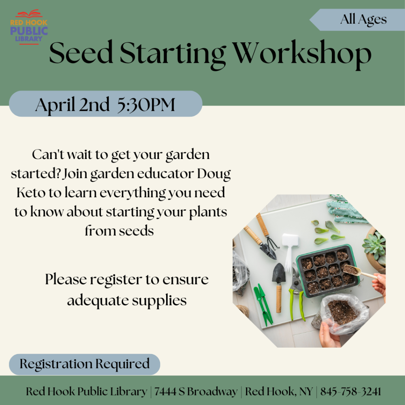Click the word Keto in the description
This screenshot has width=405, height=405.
click(x=31, y=193)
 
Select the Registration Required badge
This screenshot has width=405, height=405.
click(x=85, y=364)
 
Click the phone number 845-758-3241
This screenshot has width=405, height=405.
click(x=350, y=392)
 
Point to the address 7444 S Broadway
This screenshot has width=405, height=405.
click(x=196, y=392)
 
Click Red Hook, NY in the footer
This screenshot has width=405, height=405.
click(x=279, y=392)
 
